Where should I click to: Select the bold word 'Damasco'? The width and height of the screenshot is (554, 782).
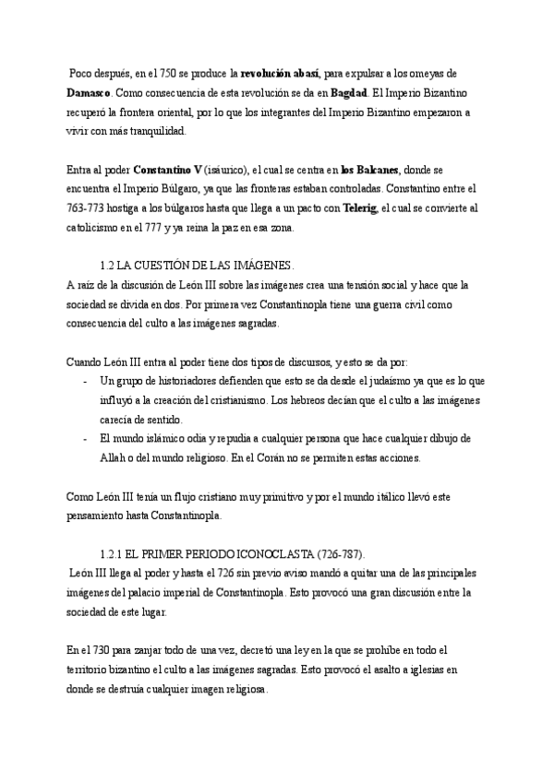(90, 93)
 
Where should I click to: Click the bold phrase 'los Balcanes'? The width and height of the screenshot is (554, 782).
(369, 171)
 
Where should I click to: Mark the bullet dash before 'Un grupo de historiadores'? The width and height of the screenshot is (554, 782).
(84, 381)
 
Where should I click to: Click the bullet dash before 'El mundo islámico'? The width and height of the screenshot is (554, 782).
(84, 438)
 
